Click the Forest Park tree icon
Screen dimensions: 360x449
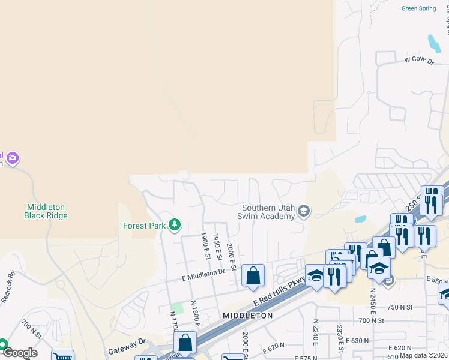175,225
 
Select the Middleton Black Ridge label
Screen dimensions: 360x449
45,211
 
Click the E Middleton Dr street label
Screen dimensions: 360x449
203,273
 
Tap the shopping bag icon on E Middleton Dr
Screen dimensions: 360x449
253,276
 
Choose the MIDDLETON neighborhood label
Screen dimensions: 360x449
247,315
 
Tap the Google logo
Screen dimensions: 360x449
19,353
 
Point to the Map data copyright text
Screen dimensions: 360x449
424,355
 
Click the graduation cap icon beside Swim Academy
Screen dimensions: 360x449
304,210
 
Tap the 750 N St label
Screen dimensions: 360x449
400,307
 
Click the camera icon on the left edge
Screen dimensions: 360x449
13,159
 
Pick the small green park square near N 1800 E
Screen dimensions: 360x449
176,308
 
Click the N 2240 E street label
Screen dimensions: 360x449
315,333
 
